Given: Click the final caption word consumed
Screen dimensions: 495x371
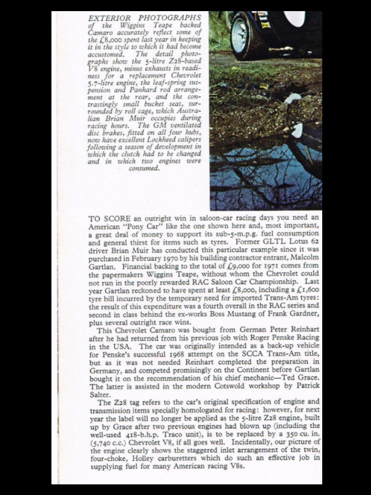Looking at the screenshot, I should coord(144,168).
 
